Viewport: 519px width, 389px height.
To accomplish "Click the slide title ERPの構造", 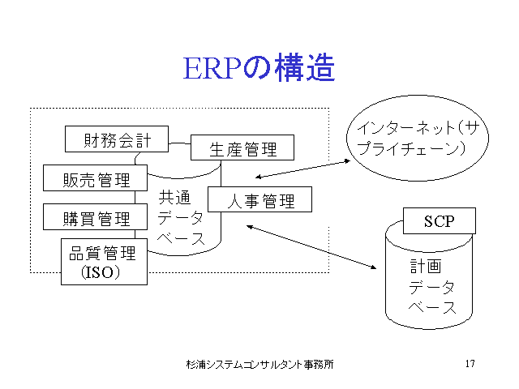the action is pyautogui.click(x=259, y=68).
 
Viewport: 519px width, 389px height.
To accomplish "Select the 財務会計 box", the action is pyautogui.click(x=117, y=139).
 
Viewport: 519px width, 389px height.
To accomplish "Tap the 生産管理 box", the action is pyautogui.click(x=242, y=147).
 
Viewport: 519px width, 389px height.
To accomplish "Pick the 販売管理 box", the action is pyautogui.click(x=96, y=178).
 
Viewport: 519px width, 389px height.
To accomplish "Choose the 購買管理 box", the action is pyautogui.click(x=96, y=216).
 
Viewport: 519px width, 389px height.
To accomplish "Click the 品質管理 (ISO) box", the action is pyautogui.click(x=104, y=262).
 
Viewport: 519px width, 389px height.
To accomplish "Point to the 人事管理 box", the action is pyautogui.click(x=259, y=199).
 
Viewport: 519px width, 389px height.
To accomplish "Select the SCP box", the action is pyautogui.click(x=440, y=221).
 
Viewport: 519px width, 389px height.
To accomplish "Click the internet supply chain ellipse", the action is pyautogui.click(x=418, y=139).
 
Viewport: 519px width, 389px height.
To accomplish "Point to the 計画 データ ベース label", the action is pyautogui.click(x=432, y=286).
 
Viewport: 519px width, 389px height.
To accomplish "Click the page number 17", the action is pyautogui.click(x=470, y=364).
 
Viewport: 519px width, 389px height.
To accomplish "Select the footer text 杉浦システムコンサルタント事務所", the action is pyautogui.click(x=259, y=364).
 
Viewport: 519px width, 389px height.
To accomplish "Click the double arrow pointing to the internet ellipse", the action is pyautogui.click(x=302, y=169).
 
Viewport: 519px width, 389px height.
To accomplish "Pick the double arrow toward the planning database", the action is pyautogui.click(x=311, y=246).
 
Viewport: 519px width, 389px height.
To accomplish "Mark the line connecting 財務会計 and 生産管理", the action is pyautogui.click(x=179, y=143).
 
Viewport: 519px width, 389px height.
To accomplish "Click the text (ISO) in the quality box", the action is pyautogui.click(x=101, y=272).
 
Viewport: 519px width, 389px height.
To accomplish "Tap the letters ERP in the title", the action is pyautogui.click(x=212, y=69).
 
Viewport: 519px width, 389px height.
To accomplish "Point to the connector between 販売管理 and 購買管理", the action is pyautogui.click(x=135, y=198).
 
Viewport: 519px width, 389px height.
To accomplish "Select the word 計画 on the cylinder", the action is pyautogui.click(x=426, y=266).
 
